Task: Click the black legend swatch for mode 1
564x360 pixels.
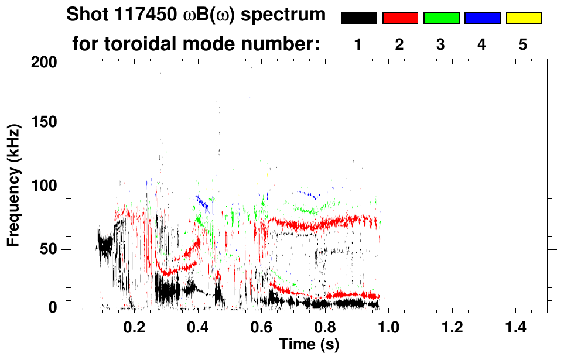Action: click(x=358, y=18)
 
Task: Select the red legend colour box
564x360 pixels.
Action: click(x=400, y=18)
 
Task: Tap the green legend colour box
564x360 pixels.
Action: click(x=441, y=18)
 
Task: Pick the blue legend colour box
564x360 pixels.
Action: click(x=482, y=18)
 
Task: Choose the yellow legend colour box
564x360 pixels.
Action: click(x=524, y=18)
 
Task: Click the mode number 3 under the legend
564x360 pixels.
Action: click(x=440, y=45)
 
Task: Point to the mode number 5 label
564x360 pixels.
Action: click(x=523, y=45)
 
